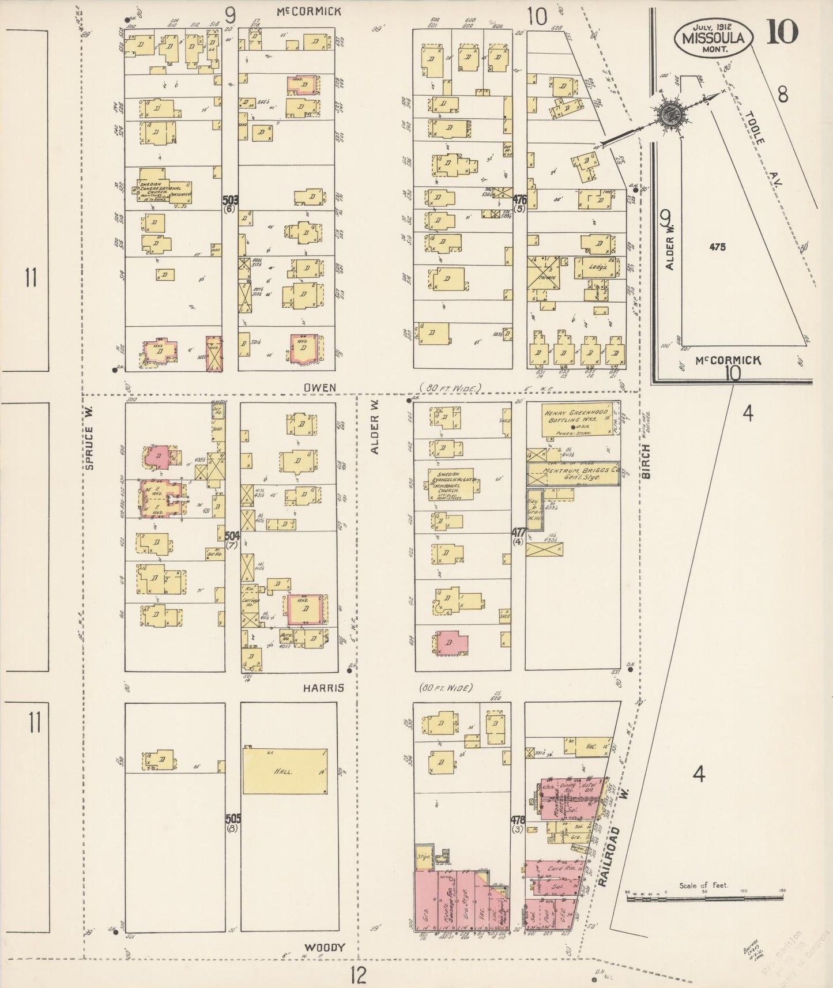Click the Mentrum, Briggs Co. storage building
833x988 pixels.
(x=573, y=474)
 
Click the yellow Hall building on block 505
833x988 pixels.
(x=285, y=771)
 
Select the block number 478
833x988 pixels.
(x=517, y=820)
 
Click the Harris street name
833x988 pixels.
(x=324, y=688)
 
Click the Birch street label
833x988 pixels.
(x=646, y=461)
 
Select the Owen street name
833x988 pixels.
(x=320, y=388)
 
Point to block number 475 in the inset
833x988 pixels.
(x=718, y=247)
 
